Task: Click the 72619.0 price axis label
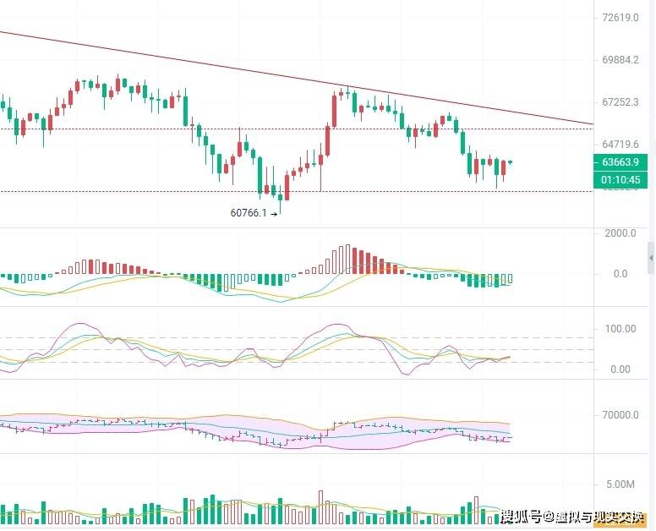coord(620,18)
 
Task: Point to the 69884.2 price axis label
coord(620,60)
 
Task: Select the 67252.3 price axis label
coord(620,102)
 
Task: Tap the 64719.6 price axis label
coord(620,145)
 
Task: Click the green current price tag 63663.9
coord(620,162)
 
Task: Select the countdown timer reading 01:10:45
coord(620,179)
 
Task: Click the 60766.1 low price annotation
coord(248,213)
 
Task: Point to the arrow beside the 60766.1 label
coord(274,214)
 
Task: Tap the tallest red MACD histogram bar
coord(347,259)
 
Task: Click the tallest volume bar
coord(320,507)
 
